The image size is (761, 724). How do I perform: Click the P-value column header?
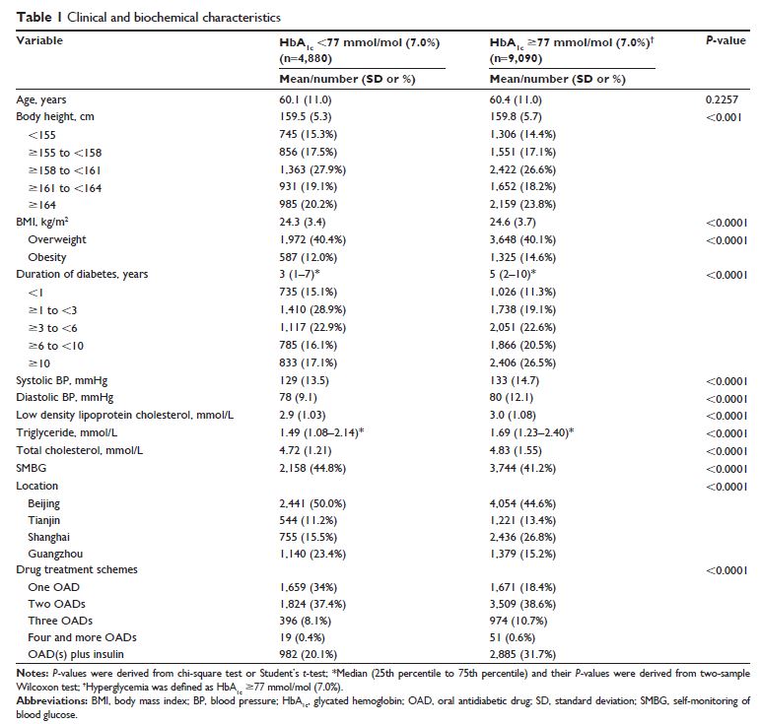pos(725,42)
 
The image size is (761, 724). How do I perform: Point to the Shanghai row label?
pos(50,539)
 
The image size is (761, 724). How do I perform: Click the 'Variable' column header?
pos(39,41)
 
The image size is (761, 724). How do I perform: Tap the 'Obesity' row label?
pos(47,256)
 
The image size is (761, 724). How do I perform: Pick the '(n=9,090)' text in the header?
pos(517,58)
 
